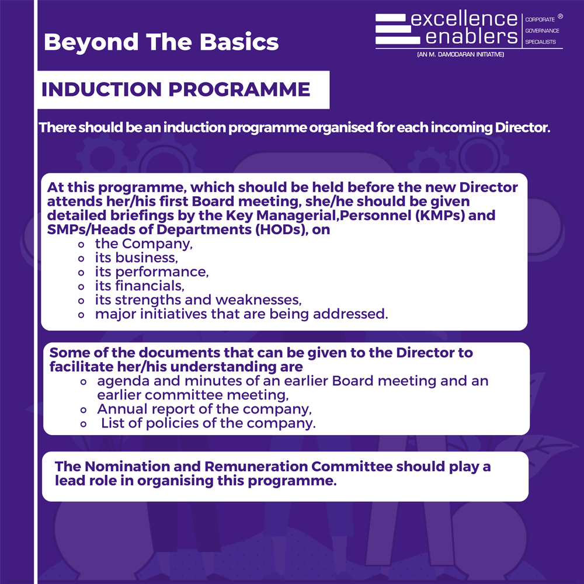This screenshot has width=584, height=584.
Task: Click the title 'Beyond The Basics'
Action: (x=161, y=41)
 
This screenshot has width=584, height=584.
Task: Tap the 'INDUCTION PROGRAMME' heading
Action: (x=175, y=89)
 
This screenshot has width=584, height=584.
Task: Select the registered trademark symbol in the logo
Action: (x=560, y=16)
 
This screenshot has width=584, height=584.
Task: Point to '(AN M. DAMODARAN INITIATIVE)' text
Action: (x=460, y=54)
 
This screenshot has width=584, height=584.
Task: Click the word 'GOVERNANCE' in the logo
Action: (x=542, y=30)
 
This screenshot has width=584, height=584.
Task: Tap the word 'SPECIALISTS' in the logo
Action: (x=540, y=41)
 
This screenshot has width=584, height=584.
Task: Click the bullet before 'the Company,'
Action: (x=81, y=245)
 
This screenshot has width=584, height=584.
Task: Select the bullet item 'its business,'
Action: (x=136, y=258)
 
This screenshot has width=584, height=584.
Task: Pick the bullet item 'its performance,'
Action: (x=152, y=272)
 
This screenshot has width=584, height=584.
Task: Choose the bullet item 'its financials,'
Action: (x=140, y=286)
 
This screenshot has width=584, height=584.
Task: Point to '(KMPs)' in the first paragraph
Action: (x=440, y=215)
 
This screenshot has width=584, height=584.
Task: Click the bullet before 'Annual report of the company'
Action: (x=84, y=410)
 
